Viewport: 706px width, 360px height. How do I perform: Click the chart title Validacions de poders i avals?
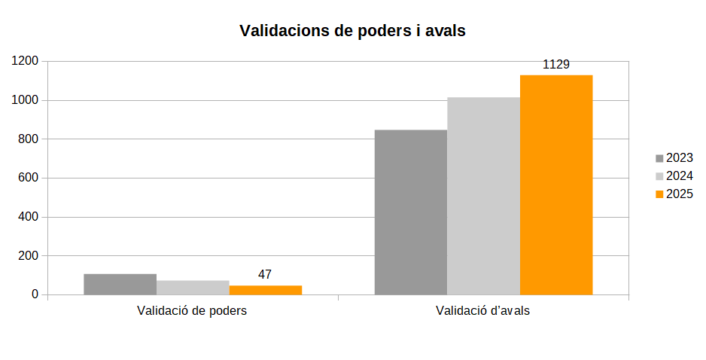[x=352, y=31]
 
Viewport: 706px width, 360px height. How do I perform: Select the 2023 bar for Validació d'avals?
[x=411, y=212]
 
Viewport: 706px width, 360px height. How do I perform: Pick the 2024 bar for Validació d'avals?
[x=483, y=196]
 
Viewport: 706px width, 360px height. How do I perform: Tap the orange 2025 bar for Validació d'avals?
[x=556, y=185]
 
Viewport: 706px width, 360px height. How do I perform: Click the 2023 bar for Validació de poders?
[x=120, y=284]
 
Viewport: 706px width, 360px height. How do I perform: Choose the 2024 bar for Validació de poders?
[x=193, y=287]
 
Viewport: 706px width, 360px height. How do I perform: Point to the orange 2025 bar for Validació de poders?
[x=266, y=290]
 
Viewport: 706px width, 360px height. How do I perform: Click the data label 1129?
[x=556, y=65]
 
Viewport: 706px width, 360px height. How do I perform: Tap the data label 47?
[x=265, y=275]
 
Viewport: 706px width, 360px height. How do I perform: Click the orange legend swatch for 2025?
[x=660, y=194]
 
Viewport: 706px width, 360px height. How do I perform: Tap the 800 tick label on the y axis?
[x=28, y=139]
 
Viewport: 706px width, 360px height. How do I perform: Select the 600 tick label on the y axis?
[x=28, y=178]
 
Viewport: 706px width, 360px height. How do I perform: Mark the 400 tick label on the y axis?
[x=28, y=218]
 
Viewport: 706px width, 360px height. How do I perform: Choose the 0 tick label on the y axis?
[x=35, y=295]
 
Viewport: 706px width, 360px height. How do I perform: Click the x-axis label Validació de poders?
[x=192, y=310]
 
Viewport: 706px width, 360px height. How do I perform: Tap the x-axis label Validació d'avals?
[x=482, y=310]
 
